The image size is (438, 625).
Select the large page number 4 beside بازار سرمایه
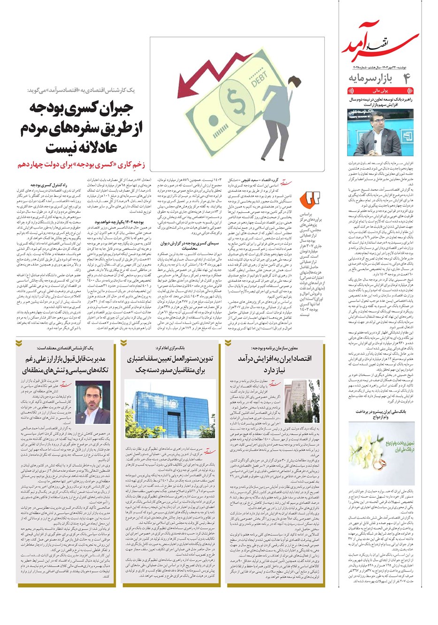click(x=406, y=78)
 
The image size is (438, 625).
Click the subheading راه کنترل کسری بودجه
click(x=49, y=185)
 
